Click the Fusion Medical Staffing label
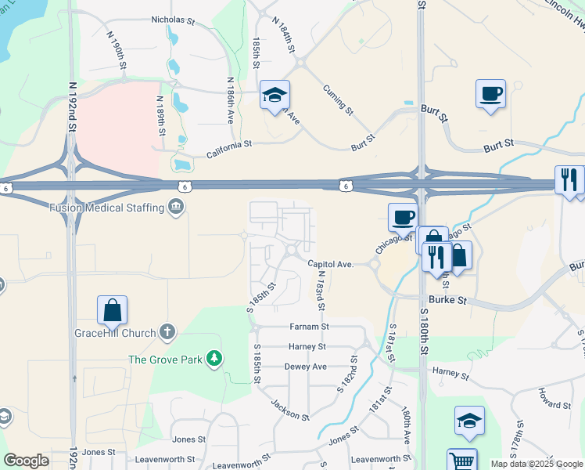106,208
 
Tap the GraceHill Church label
116,333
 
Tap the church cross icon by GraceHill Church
167,332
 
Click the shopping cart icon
461,461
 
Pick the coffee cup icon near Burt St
490,94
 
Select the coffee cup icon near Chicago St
403,216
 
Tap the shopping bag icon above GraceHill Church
113,310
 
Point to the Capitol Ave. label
331,265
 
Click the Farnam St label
309,326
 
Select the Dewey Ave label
305,366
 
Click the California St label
229,144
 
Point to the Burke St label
450,299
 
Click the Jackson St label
289,410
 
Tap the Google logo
26,461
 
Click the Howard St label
554,404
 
